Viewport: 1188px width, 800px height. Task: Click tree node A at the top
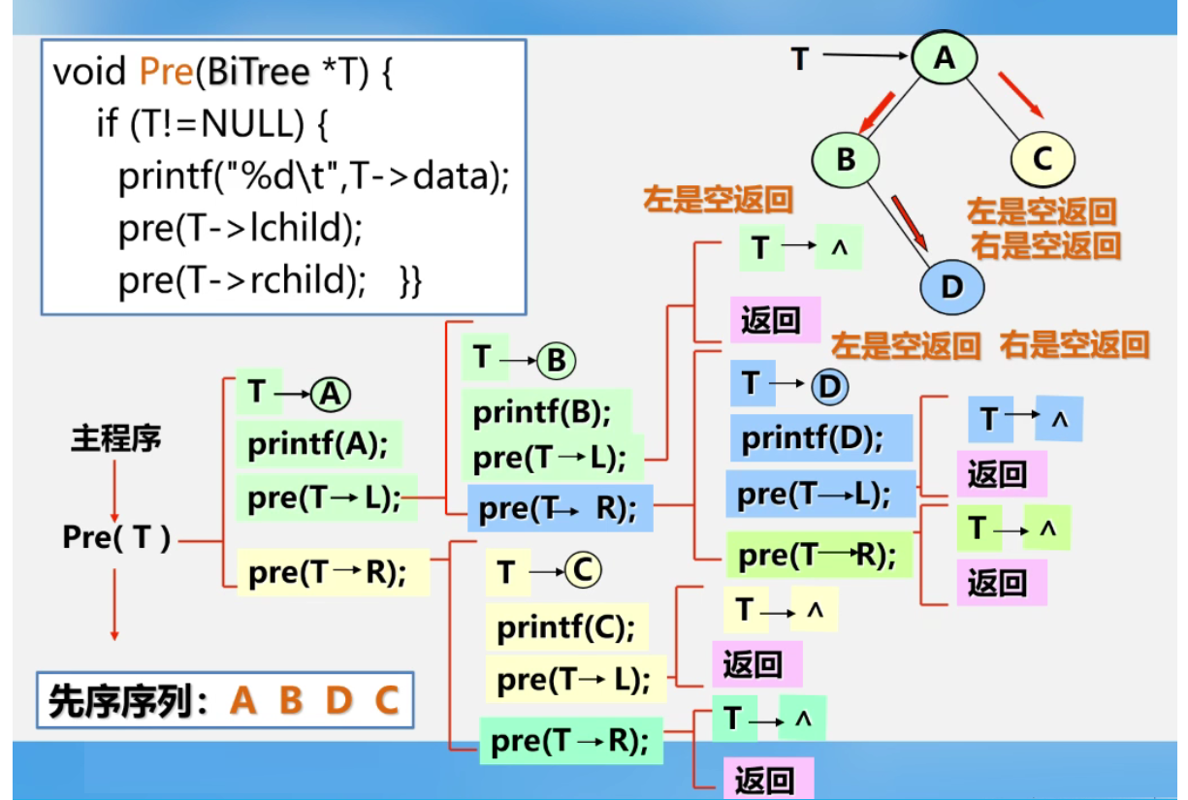coord(945,59)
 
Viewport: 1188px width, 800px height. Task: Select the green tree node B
coord(846,158)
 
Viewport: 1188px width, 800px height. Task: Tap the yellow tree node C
coord(1043,158)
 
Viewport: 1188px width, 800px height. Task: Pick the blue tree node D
coord(951,286)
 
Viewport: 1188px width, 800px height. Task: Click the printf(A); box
coord(318,445)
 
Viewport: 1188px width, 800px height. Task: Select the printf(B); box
coord(543,413)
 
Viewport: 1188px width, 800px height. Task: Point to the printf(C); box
coord(566,628)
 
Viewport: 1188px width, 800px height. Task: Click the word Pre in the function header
coord(166,72)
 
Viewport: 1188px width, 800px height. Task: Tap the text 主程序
coord(115,438)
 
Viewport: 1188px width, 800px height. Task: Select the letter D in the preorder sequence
coord(338,700)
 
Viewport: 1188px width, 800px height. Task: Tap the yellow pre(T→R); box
coord(327,573)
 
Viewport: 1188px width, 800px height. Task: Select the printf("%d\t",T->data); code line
coord(313,176)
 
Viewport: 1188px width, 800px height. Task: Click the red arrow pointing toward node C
coord(1019,93)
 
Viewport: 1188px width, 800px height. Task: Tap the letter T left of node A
coord(799,59)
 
